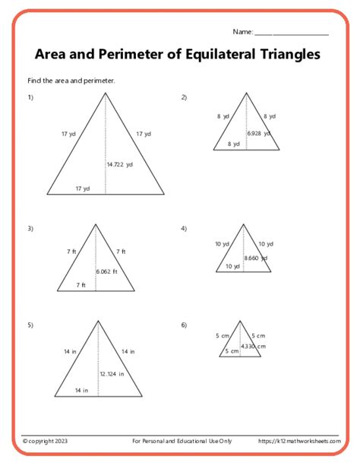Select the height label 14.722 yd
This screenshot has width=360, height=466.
[121, 163]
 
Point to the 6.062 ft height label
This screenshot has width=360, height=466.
[107, 271]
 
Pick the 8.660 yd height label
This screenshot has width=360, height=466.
[256, 258]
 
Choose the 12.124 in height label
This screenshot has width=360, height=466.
[112, 373]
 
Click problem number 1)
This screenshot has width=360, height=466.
[31, 97]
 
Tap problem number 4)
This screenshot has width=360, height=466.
[184, 229]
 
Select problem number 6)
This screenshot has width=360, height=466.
[184, 325]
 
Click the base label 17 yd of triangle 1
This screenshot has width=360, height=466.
[82, 188]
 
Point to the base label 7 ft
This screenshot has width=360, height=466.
[81, 285]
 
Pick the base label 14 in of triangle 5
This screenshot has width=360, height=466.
[82, 390]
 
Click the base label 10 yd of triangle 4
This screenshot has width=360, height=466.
[232, 266]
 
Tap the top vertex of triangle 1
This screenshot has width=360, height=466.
[106, 92]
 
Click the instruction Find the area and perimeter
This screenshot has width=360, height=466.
[71, 80]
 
